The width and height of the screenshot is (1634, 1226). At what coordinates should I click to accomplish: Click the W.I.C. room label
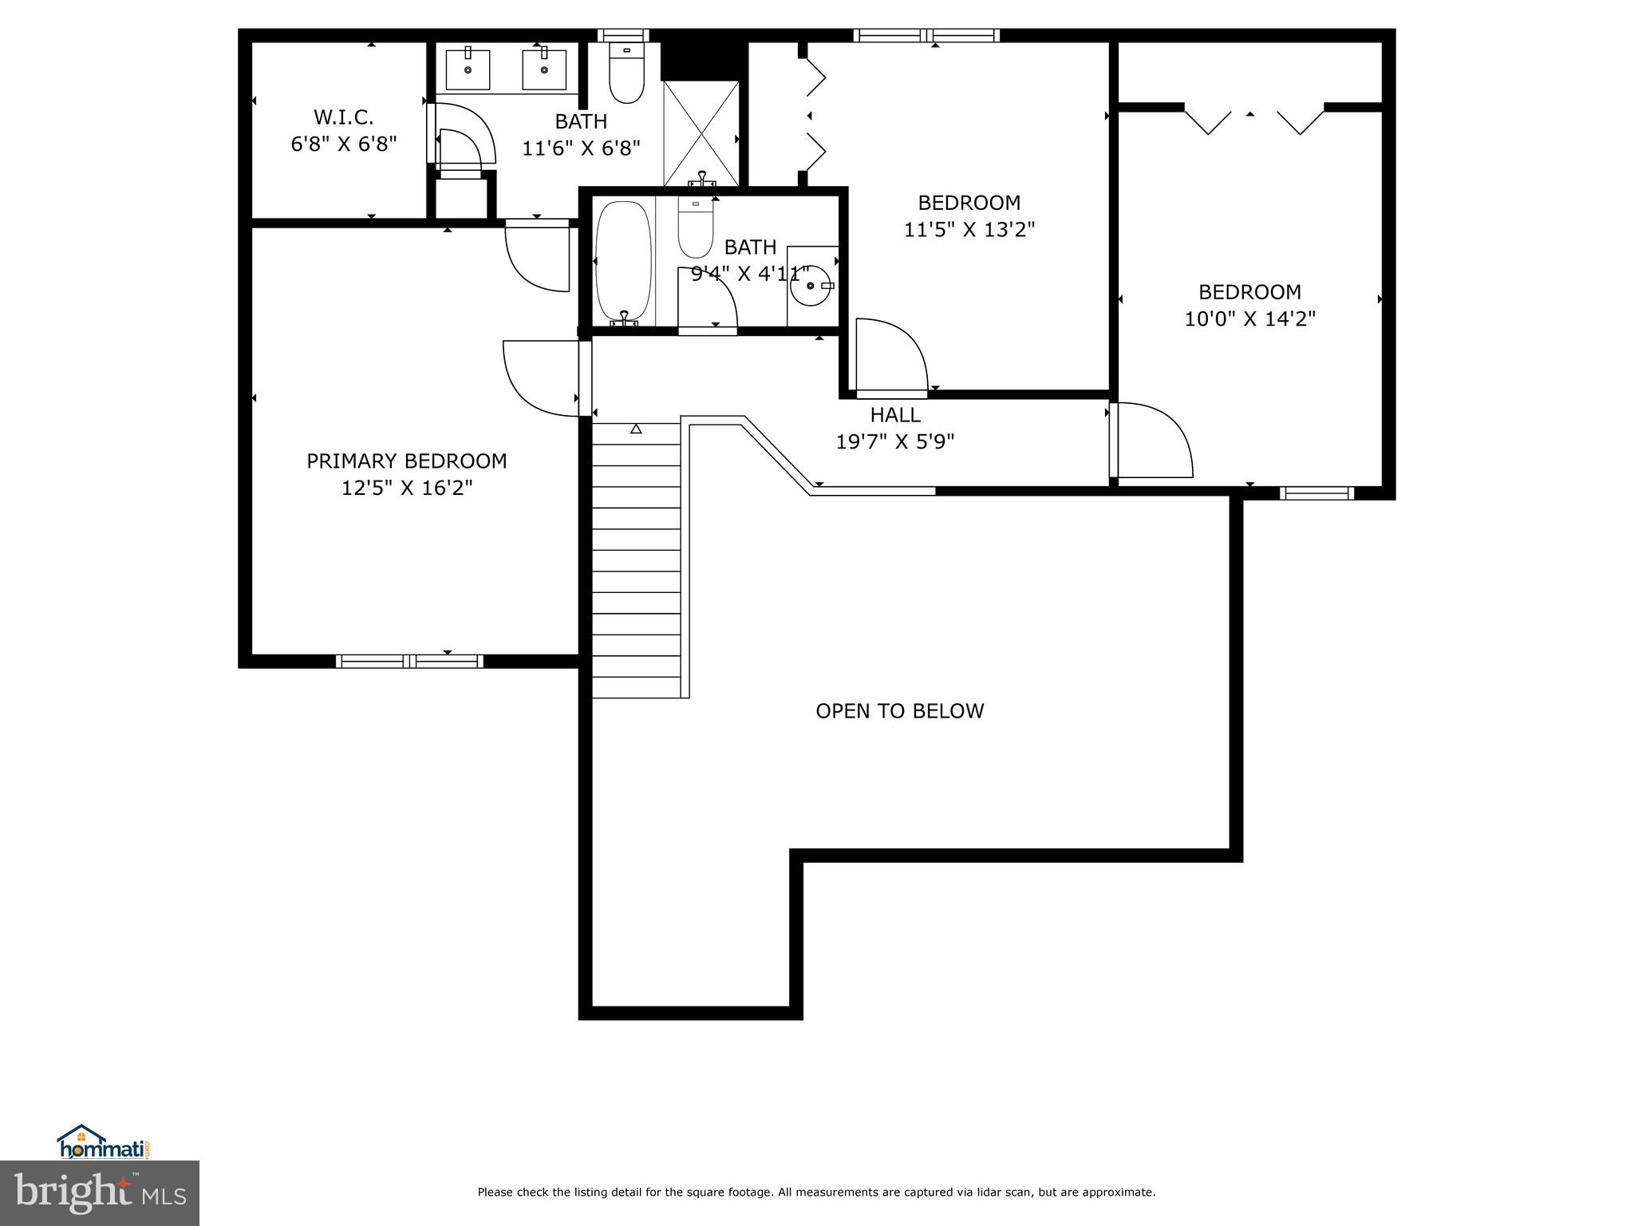343,117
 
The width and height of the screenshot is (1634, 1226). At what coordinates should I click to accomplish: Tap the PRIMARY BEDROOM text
406,461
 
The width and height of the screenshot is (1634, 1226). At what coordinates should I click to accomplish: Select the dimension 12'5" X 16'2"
407,488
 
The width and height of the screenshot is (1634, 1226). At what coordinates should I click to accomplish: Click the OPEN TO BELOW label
899,711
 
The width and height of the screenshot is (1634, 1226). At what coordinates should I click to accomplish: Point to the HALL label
894,415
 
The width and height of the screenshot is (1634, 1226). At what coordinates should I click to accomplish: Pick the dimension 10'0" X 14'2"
1249,319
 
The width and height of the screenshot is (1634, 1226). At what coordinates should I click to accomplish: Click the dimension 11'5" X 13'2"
969,230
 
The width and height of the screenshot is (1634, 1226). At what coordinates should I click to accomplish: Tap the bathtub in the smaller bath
623,262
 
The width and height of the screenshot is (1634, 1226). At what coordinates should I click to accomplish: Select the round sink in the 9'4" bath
811,286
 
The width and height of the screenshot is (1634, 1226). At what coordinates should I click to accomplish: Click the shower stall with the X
701,132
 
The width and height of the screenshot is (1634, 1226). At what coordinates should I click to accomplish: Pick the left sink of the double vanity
468,69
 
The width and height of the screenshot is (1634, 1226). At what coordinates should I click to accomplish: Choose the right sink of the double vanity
544,69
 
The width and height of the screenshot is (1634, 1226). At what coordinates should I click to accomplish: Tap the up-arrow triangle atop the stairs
636,429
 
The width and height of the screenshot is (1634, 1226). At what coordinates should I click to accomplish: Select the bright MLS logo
99,1192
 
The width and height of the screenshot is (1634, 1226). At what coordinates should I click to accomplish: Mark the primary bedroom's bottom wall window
409,661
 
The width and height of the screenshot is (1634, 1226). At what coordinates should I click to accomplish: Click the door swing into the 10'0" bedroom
1154,441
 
